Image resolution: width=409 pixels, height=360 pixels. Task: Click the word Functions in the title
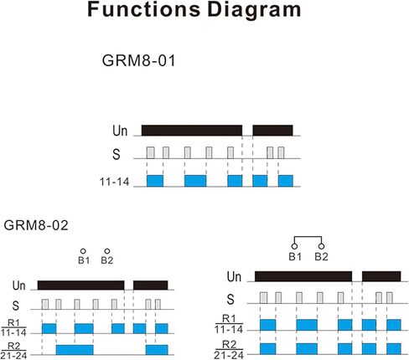click(144, 9)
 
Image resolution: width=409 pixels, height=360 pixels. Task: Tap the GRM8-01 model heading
click(138, 60)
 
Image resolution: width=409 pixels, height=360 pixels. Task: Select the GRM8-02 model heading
click(36, 225)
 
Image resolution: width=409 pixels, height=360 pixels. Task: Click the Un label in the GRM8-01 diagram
click(120, 131)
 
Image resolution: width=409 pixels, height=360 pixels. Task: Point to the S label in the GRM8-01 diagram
click(116, 154)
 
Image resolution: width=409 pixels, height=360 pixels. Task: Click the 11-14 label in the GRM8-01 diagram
click(115, 182)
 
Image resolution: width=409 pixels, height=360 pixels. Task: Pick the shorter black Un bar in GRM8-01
click(273, 131)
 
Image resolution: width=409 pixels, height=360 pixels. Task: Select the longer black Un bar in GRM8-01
click(192, 131)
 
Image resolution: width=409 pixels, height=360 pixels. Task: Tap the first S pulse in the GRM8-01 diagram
click(151, 152)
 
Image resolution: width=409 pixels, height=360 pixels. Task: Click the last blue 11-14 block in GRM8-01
click(286, 181)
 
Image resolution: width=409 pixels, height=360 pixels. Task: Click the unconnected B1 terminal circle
click(83, 251)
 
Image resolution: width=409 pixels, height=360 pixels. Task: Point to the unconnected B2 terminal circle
click(107, 251)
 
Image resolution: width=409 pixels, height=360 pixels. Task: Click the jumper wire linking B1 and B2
click(308, 237)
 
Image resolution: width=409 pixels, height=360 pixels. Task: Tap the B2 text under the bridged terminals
click(321, 257)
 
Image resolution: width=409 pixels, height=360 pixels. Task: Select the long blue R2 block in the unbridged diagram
click(75, 350)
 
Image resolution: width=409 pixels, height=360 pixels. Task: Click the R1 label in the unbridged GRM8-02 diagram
click(13, 323)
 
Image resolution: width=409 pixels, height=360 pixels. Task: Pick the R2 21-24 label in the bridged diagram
click(229, 350)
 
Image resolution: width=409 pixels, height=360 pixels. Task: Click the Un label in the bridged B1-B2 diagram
click(234, 277)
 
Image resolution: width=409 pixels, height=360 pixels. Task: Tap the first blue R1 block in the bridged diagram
click(267, 325)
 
